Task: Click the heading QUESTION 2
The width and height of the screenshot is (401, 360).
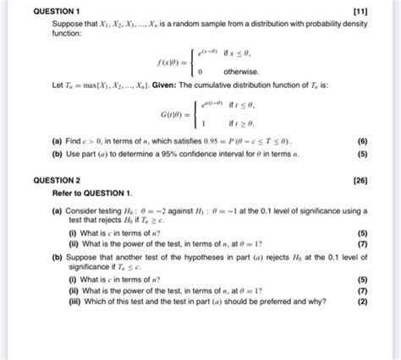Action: click(48, 180)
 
